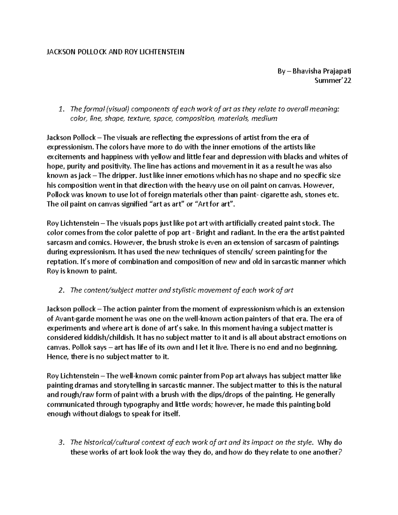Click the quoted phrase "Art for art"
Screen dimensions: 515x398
[214, 204]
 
